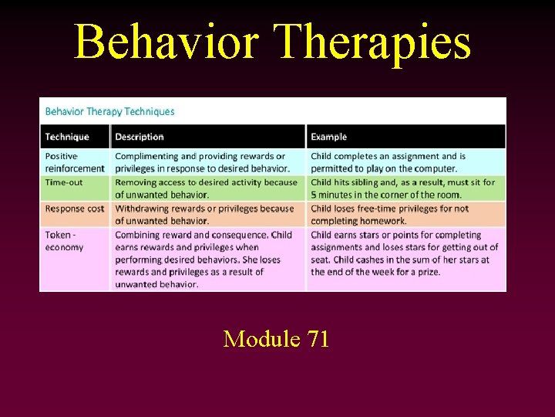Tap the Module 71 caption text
[x=276, y=338]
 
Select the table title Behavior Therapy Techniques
[x=109, y=111]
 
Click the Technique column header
[x=67, y=137]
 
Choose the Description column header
[x=140, y=137]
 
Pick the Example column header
[x=329, y=137]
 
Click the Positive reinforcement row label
[x=75, y=162]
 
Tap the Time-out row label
[x=66, y=182]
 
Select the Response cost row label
[x=75, y=208]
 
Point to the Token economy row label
[x=65, y=241]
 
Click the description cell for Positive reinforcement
[x=203, y=162]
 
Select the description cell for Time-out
[x=206, y=188]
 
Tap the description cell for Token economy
[x=203, y=259]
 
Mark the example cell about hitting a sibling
[x=402, y=188]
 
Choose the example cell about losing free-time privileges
[x=389, y=215]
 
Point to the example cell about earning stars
[x=404, y=253]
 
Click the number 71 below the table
[x=315, y=338]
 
